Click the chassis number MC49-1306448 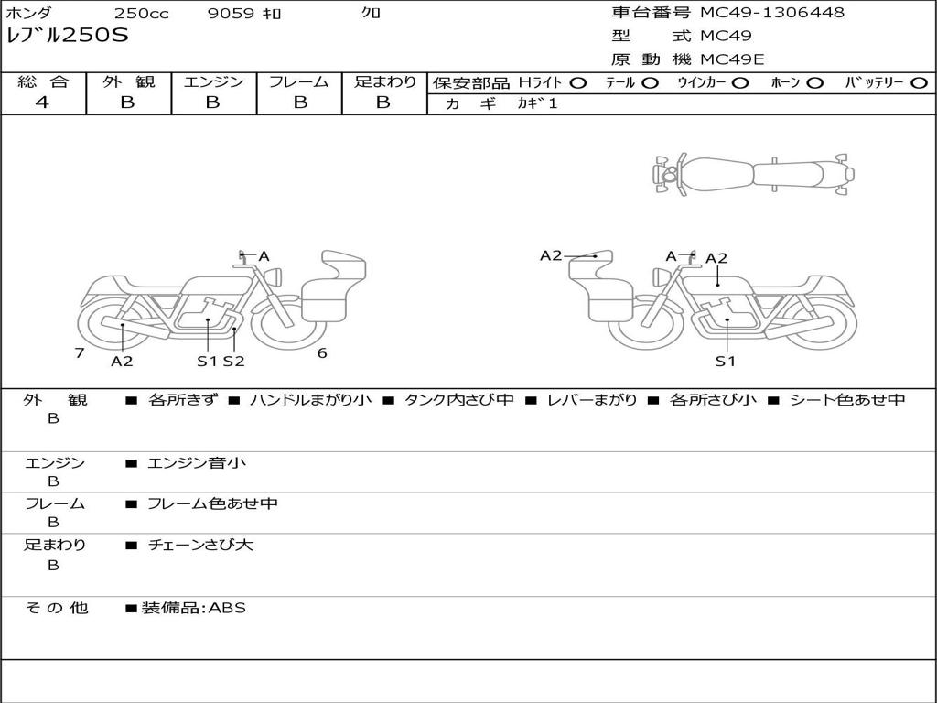[x=772, y=13]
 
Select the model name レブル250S [x=68, y=37]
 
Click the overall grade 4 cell [x=42, y=103]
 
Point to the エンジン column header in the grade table [x=213, y=81]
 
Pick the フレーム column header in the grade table [x=298, y=81]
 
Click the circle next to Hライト [x=577, y=82]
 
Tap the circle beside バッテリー [x=919, y=82]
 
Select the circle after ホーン [x=815, y=82]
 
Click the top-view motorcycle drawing [x=752, y=173]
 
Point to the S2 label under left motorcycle [x=234, y=361]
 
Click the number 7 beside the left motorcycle [x=80, y=352]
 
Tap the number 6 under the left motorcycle [x=322, y=352]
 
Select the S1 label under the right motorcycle [x=726, y=361]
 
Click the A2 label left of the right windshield [x=551, y=255]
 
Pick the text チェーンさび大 [x=200, y=545]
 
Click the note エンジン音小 [x=197, y=463]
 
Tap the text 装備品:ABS [x=193, y=607]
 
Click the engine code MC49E [x=732, y=59]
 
